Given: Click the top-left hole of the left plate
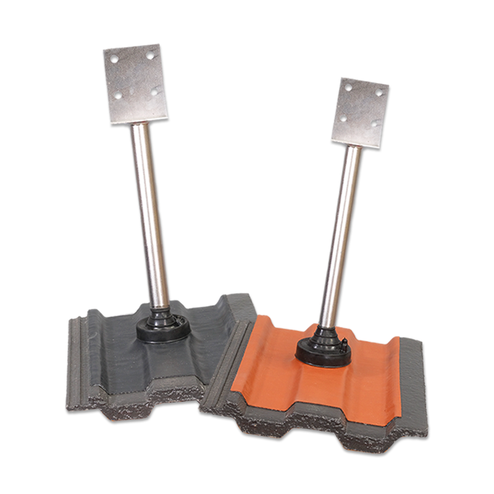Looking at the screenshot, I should click(x=114, y=59).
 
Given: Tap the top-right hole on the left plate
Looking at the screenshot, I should click(x=149, y=55).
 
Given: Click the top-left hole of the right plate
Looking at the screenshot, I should click(x=348, y=87).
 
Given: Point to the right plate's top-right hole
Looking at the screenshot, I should click(x=379, y=92).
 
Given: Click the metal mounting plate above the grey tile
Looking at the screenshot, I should click(x=136, y=83).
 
